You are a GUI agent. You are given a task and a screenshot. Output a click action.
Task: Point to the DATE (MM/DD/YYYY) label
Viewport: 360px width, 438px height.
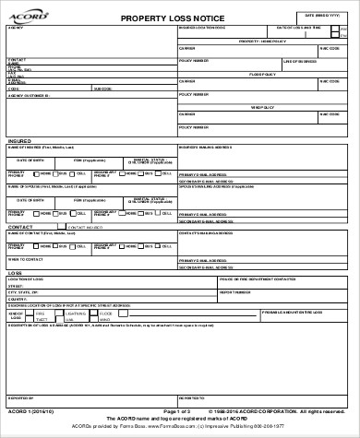click(322, 16)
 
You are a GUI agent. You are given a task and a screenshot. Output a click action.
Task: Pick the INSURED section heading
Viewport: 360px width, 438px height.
click(19, 141)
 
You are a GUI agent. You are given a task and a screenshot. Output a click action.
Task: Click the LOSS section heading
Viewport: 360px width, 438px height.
click(15, 273)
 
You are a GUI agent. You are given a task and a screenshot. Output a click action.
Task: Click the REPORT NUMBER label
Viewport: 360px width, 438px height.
click(231, 291)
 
